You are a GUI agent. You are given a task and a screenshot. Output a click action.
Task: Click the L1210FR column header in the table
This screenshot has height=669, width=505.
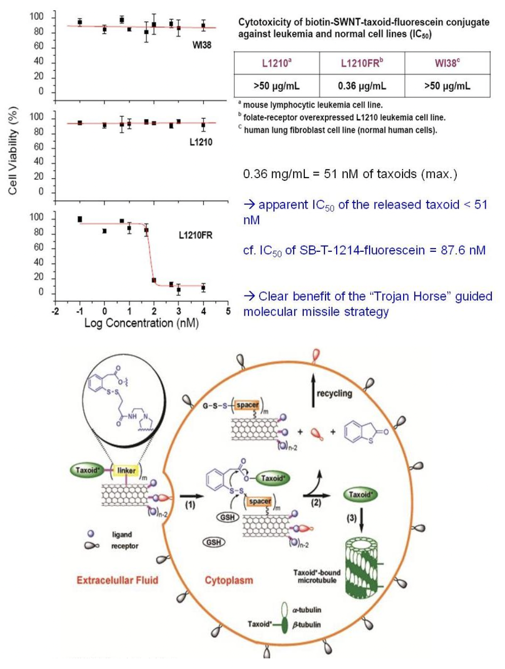point(362,63)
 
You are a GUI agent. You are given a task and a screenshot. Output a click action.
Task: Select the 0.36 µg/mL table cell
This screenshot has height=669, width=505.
point(362,86)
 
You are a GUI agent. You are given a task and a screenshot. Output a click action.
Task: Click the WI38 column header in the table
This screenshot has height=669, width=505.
point(447,63)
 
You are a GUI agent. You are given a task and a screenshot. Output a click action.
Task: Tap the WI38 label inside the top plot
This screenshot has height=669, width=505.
point(201,45)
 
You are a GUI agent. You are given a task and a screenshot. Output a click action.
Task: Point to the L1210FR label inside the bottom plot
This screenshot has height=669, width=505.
point(195,235)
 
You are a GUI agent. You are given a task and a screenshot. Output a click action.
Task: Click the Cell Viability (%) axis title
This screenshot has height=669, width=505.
point(13,150)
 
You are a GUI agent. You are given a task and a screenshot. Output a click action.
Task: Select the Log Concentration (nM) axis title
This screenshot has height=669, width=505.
point(141,323)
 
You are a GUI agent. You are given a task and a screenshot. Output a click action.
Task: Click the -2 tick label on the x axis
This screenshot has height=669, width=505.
point(55,311)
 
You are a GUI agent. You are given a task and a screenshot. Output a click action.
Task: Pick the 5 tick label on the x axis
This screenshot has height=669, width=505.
point(228,311)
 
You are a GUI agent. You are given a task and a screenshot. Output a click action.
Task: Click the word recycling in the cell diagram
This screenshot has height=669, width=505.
point(334,393)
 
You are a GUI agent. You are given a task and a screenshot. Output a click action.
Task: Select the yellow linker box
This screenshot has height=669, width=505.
point(126,471)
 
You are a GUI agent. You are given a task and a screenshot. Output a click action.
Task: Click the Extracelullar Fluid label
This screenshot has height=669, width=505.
point(117,580)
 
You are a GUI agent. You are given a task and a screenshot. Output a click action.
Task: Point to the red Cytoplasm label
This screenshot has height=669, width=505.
point(229,580)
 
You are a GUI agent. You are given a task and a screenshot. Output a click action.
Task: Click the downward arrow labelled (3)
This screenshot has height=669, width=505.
point(361,521)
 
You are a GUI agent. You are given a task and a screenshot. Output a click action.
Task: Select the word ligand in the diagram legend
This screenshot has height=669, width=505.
point(122,534)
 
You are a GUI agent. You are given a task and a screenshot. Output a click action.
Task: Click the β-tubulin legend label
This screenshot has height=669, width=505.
point(306,625)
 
